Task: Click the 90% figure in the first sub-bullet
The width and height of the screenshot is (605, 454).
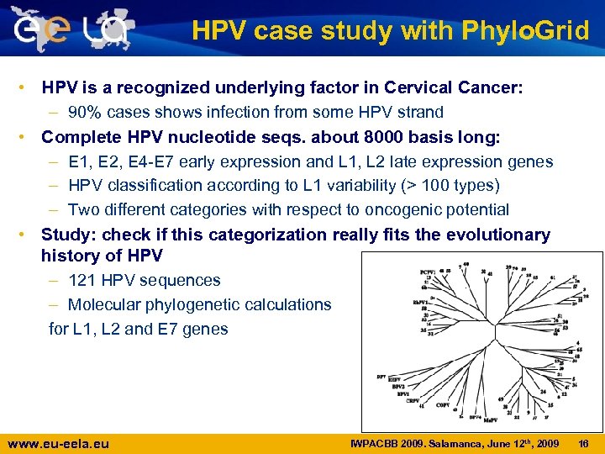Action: click(87, 113)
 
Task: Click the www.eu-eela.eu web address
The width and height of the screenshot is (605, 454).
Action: click(58, 443)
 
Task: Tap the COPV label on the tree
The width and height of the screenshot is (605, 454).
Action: click(442, 404)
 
